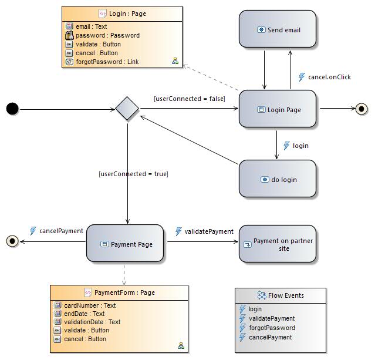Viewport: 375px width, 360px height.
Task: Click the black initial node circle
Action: click(x=12, y=109)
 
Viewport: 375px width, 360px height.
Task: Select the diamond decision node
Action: click(x=127, y=109)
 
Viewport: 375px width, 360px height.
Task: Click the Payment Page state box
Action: click(x=125, y=244)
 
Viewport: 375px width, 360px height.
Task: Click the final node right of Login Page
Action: click(x=362, y=109)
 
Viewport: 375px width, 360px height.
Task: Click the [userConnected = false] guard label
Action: click(x=189, y=99)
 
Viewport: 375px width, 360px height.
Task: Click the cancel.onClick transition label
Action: click(x=329, y=77)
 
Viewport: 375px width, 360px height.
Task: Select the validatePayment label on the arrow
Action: click(x=209, y=231)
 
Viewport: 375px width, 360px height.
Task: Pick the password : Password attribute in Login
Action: click(x=107, y=35)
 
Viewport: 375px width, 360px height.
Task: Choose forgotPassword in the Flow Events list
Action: click(x=272, y=328)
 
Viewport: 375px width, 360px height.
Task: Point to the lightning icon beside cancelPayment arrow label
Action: click(x=33, y=231)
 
